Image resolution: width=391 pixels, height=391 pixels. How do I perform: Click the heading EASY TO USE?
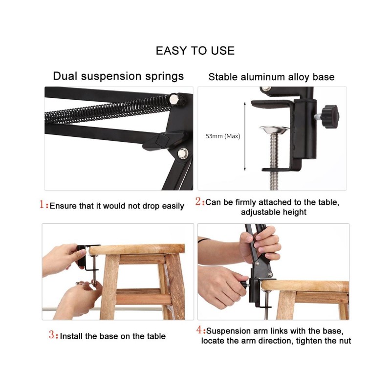pyautogui.click(x=195, y=51)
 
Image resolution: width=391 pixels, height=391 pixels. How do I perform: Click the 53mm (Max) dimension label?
pyautogui.click(x=223, y=136)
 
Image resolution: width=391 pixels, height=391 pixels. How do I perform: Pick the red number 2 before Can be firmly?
pyautogui.click(x=198, y=201)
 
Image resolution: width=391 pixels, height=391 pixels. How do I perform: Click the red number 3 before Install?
pyautogui.click(x=52, y=334)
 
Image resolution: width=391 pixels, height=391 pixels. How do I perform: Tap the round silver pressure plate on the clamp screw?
pyautogui.click(x=274, y=130)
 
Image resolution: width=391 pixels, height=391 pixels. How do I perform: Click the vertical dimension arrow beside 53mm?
pyautogui.click(x=245, y=136)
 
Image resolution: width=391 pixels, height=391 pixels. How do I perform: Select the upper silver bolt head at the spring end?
pyautogui.click(x=174, y=99)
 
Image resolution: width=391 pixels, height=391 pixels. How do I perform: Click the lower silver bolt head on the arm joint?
pyautogui.click(x=183, y=152)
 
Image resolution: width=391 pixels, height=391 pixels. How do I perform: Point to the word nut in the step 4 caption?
pyautogui.click(x=345, y=341)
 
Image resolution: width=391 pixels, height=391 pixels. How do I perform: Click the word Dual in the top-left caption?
pyautogui.click(x=65, y=76)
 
